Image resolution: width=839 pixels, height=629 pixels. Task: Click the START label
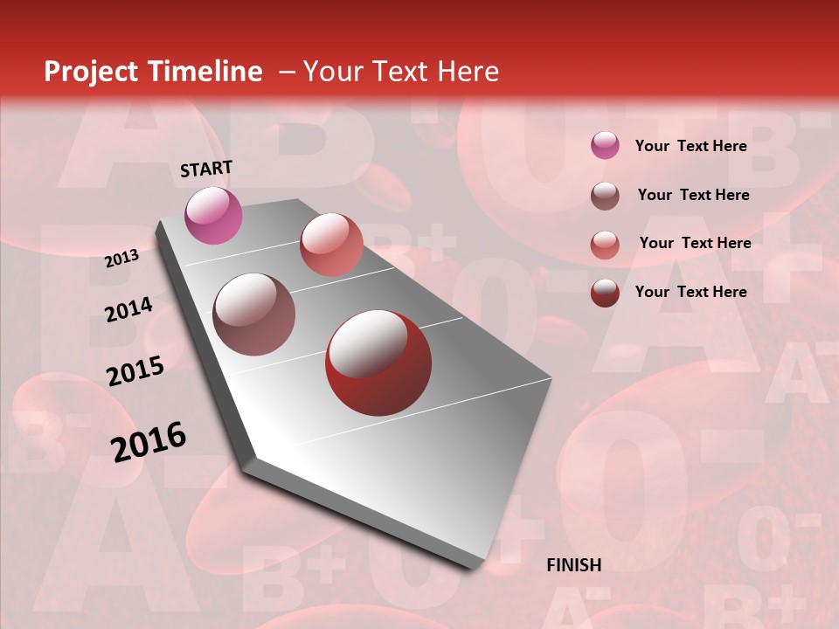(x=206, y=169)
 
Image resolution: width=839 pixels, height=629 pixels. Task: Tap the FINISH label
(x=573, y=565)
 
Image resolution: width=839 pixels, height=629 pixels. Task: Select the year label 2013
(x=121, y=259)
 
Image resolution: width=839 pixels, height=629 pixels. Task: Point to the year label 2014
(x=128, y=310)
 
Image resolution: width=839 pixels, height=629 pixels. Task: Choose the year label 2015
(x=135, y=371)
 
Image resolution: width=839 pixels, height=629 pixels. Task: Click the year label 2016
(x=149, y=441)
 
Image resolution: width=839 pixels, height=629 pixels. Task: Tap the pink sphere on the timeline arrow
(x=213, y=215)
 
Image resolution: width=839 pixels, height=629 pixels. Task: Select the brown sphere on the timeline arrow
(x=253, y=314)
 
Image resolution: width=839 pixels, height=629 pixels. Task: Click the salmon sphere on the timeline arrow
(x=331, y=245)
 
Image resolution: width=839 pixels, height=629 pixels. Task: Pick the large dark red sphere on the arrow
(x=378, y=363)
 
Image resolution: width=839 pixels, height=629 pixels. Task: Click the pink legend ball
(x=605, y=146)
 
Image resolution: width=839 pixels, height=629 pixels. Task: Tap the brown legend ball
(x=605, y=196)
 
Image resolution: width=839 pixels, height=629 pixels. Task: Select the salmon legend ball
(x=605, y=245)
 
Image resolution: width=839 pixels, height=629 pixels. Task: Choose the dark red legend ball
(x=605, y=293)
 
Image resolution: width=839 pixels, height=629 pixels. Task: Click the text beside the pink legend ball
(x=690, y=146)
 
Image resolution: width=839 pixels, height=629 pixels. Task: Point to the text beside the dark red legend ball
(x=690, y=292)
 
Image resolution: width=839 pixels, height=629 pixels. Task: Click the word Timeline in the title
(x=206, y=72)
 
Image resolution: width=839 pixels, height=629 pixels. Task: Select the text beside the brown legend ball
(x=693, y=195)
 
